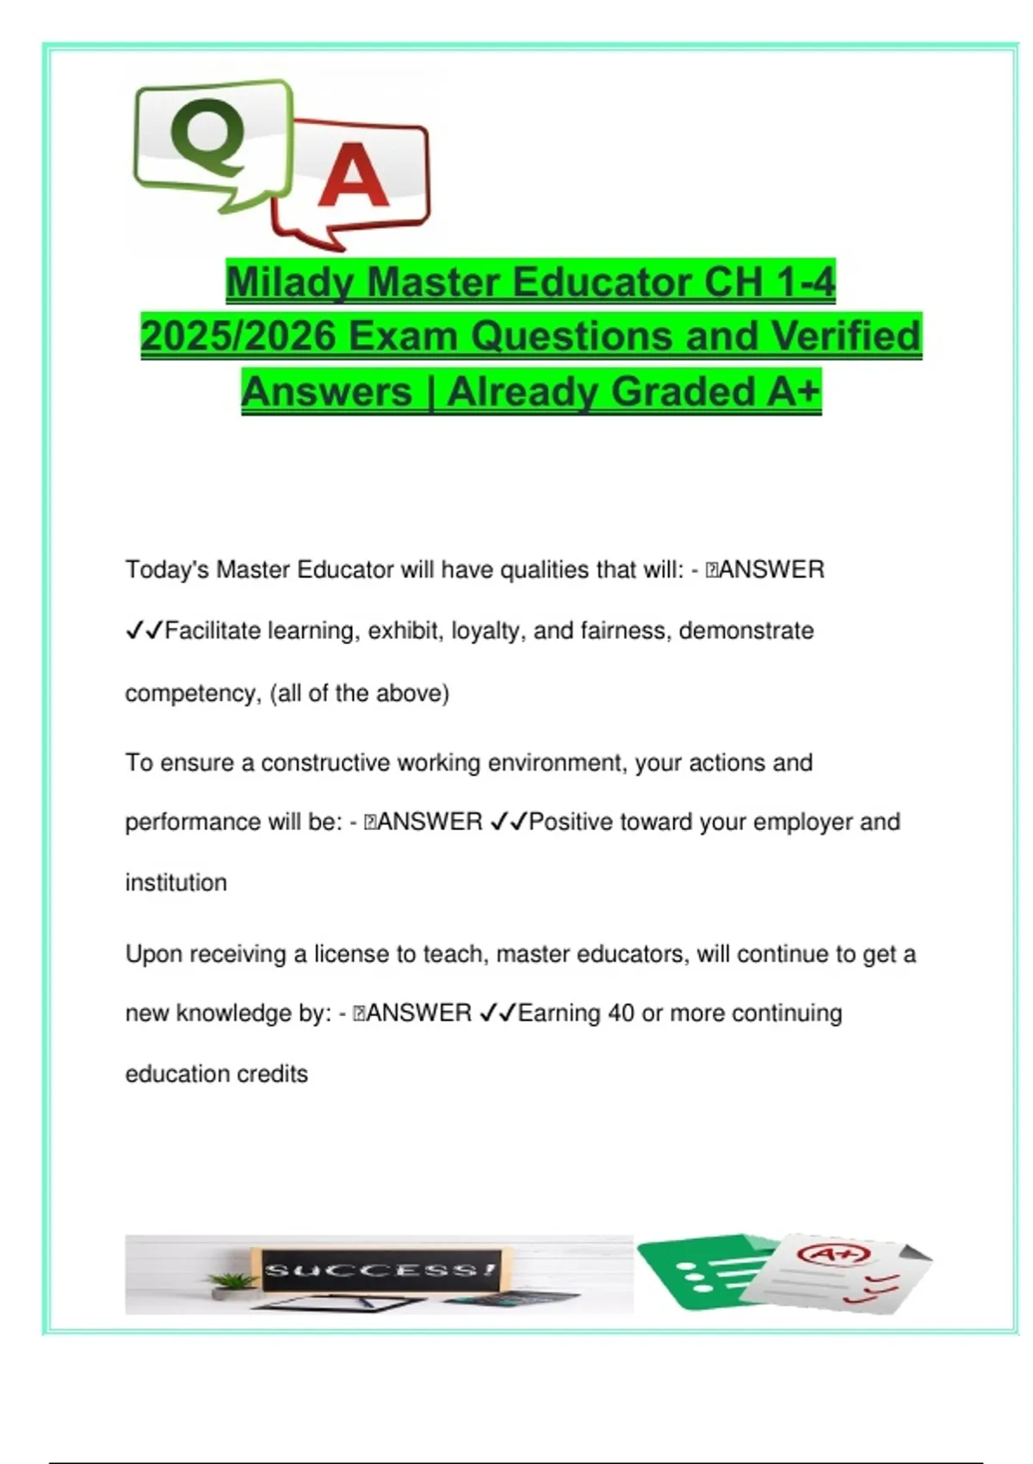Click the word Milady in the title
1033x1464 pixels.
point(290,282)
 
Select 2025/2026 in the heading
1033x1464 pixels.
point(238,337)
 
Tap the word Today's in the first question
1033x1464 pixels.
point(166,569)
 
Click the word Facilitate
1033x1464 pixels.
point(213,631)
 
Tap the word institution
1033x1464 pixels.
point(176,883)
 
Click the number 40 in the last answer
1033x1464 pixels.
point(621,1013)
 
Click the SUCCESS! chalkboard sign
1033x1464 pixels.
point(380,1270)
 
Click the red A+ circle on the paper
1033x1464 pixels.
point(832,1256)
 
